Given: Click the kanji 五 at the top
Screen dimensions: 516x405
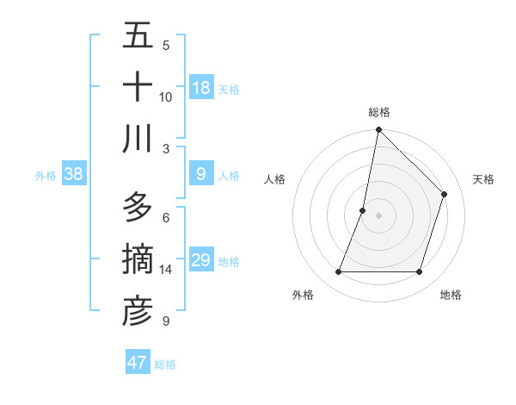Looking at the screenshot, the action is [138, 35].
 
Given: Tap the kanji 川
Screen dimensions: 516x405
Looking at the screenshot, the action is [138, 139].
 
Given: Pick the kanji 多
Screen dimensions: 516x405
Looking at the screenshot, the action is [138, 208].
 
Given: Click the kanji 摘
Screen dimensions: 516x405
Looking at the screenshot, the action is [138, 259].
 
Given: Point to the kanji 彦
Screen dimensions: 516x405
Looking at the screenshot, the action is [138, 311].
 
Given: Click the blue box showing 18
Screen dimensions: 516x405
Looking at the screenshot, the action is [201, 87].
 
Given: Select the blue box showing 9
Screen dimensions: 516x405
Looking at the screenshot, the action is [201, 174].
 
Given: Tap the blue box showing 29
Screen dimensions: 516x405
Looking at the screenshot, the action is [201, 260].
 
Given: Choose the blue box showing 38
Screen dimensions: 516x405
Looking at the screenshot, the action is [74, 174].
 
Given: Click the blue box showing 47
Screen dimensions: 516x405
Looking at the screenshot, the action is [138, 363].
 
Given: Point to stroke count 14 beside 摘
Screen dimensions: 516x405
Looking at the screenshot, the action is [166, 270].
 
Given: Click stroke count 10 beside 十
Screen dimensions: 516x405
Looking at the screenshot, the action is [166, 97].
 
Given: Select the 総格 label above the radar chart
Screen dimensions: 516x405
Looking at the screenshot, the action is [379, 112].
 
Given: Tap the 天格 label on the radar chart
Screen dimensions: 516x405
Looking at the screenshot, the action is [483, 179].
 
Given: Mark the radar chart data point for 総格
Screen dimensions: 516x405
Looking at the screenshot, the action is [378, 129].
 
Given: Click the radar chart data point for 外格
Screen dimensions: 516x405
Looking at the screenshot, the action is [338, 272].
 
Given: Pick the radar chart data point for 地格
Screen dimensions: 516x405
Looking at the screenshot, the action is [419, 272].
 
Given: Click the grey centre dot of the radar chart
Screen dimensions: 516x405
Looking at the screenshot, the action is [378, 215].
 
